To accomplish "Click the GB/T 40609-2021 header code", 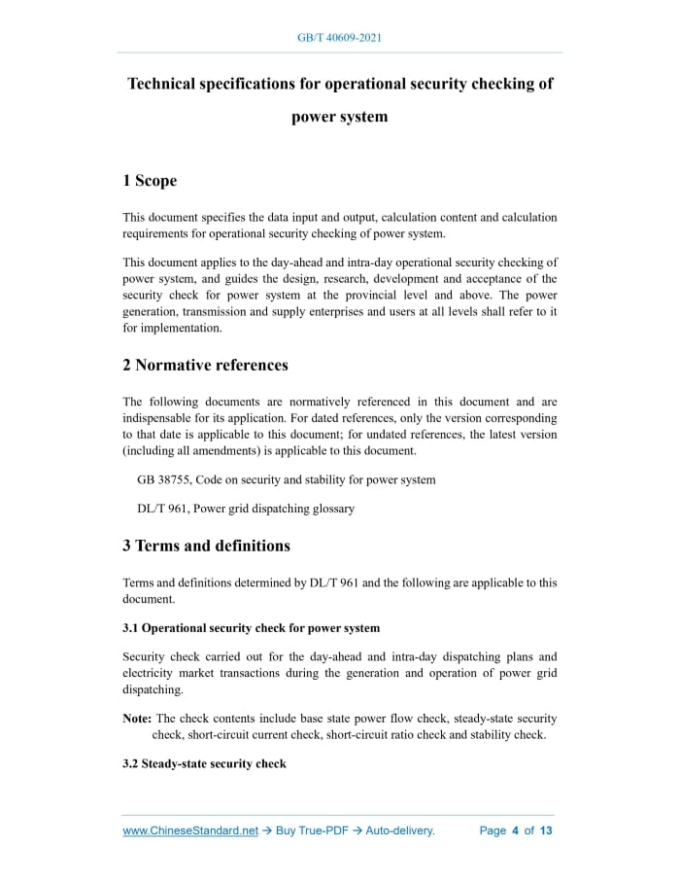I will (339, 38).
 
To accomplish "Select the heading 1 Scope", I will (150, 181).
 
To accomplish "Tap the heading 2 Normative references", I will (205, 366).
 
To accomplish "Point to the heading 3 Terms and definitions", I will (206, 546).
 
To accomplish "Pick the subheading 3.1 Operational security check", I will (251, 628).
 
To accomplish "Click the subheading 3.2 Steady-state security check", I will (204, 763).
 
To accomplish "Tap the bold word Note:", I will (137, 719).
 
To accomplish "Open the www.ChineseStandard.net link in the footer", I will (190, 830).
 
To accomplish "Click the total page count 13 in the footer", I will (546, 830).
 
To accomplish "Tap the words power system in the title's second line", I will (339, 117).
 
